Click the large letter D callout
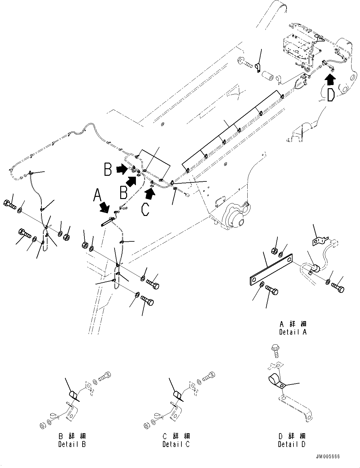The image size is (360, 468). click(x=330, y=95)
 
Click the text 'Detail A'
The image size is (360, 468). click(x=292, y=332)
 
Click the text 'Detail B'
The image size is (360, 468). click(x=72, y=444)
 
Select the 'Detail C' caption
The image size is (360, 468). click(x=176, y=444)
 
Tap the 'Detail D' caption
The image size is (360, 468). click(x=292, y=444)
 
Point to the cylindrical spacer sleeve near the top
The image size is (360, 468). click(x=270, y=78)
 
